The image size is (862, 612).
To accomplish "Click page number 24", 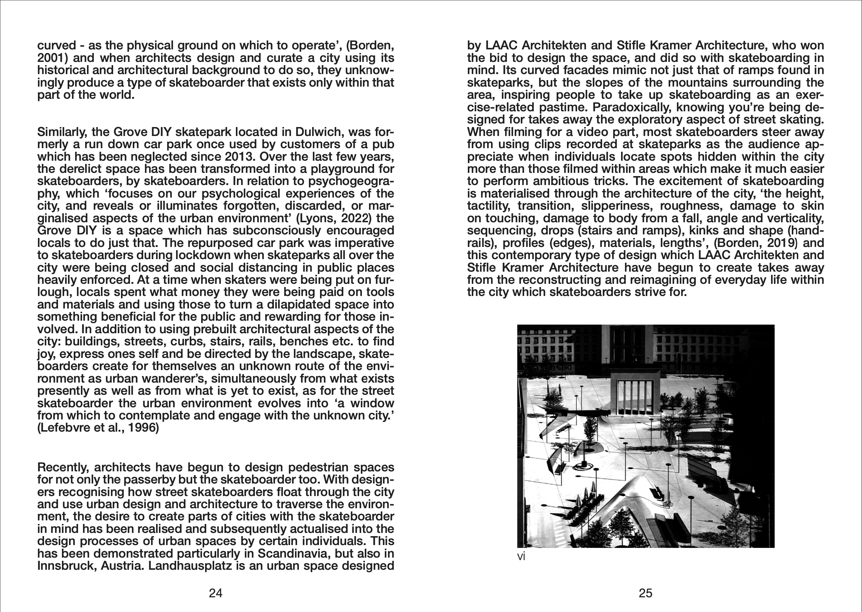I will pos(215,593).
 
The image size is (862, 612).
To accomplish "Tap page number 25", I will pos(645,593).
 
